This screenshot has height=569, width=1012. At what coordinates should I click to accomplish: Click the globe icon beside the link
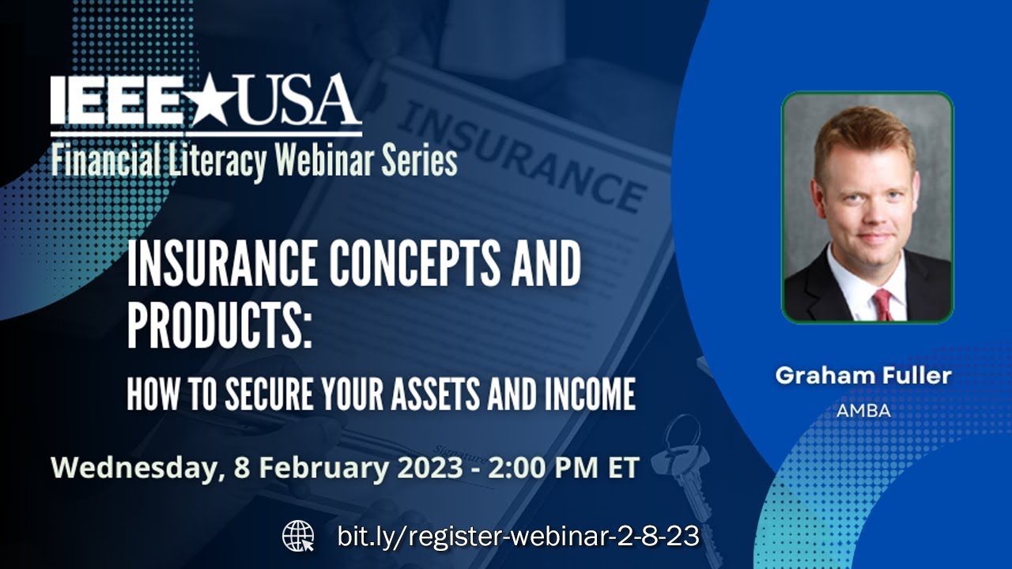point(298,537)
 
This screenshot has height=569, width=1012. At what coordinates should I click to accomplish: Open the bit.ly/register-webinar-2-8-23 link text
point(518,537)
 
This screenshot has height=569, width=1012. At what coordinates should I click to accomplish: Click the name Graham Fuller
point(863,375)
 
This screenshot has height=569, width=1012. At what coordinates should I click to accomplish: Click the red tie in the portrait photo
point(882,303)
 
